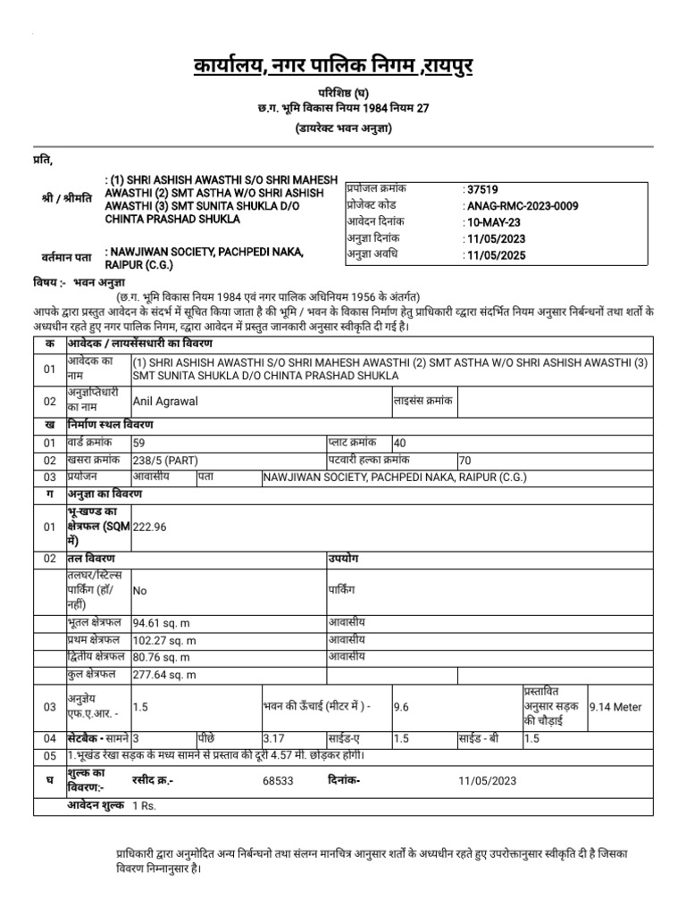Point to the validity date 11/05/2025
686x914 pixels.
click(x=497, y=255)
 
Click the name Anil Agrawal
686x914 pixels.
click(x=165, y=402)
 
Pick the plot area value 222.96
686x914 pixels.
click(x=150, y=528)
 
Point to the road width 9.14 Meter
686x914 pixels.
click(x=615, y=707)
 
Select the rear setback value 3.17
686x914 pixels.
click(x=273, y=739)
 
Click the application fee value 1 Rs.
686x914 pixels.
click(x=144, y=806)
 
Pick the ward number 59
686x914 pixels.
click(x=139, y=443)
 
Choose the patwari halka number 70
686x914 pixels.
click(x=464, y=461)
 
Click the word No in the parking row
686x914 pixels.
click(x=140, y=590)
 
